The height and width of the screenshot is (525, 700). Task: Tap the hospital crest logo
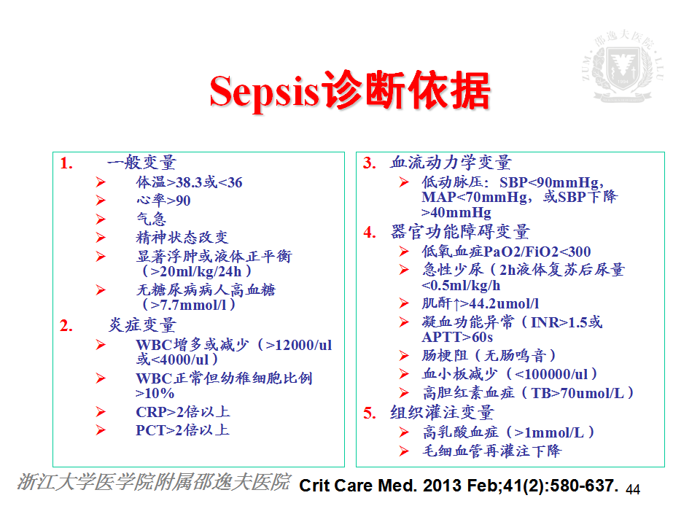point(623,66)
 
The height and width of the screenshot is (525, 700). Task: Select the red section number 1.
point(66,163)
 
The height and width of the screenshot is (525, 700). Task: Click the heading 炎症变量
point(142,325)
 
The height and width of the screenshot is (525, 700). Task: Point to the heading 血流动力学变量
point(451,163)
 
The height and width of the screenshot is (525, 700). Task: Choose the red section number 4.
point(370,232)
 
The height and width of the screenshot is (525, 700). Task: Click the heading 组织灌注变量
point(443,413)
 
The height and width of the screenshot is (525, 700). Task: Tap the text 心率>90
point(163,201)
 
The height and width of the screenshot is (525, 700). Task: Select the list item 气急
point(152,219)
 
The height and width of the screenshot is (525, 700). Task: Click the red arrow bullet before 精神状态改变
point(101,238)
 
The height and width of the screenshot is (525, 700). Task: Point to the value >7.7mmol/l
point(189,305)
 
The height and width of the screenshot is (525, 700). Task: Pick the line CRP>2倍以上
point(183,411)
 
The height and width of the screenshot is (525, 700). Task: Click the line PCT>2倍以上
point(182,430)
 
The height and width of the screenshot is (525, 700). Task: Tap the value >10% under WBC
point(155,393)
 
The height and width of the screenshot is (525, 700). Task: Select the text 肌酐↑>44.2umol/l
point(481,303)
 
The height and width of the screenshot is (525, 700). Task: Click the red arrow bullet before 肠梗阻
point(404,356)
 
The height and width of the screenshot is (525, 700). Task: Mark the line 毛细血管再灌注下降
point(491,451)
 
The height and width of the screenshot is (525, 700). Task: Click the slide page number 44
point(633,490)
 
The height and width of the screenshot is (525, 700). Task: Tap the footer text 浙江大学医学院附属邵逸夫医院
point(154,482)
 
